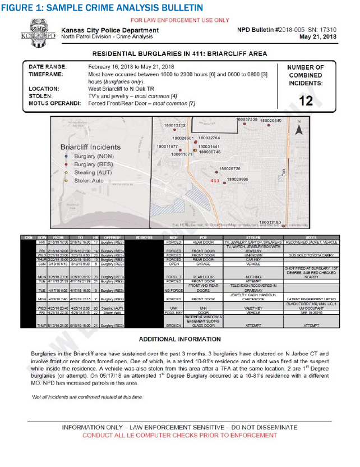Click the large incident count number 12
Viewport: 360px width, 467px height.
coord(306,101)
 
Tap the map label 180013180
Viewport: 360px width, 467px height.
coord(270,222)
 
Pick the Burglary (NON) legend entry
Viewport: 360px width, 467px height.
coord(93,156)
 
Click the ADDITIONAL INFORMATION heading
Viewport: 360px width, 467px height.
coord(179,340)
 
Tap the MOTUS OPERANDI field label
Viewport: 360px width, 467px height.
coord(55,103)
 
